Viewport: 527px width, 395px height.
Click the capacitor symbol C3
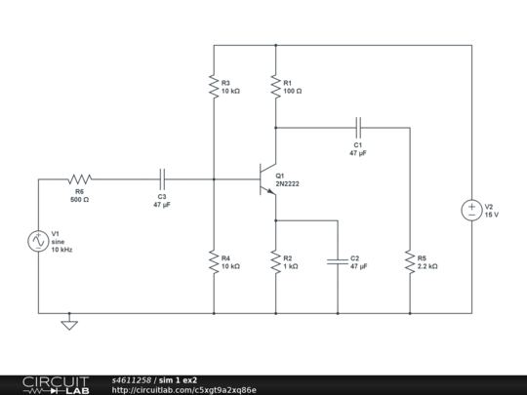(162, 179)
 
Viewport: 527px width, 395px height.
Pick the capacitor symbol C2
(338, 261)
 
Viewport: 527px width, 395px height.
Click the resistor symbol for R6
(79, 179)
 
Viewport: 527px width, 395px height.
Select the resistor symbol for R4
(214, 261)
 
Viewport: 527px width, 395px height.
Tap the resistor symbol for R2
(276, 261)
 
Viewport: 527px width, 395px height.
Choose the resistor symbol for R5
(410, 261)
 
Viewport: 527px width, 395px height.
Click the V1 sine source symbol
(38, 241)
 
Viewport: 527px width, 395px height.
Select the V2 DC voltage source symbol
(471, 210)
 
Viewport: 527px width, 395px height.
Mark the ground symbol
(69, 323)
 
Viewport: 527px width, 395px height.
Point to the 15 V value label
(492, 215)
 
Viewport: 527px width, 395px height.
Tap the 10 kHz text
(62, 250)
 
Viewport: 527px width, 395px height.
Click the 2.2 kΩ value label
(427, 266)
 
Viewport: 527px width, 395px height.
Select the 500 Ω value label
(79, 200)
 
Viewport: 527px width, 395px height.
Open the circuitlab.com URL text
(184, 390)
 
